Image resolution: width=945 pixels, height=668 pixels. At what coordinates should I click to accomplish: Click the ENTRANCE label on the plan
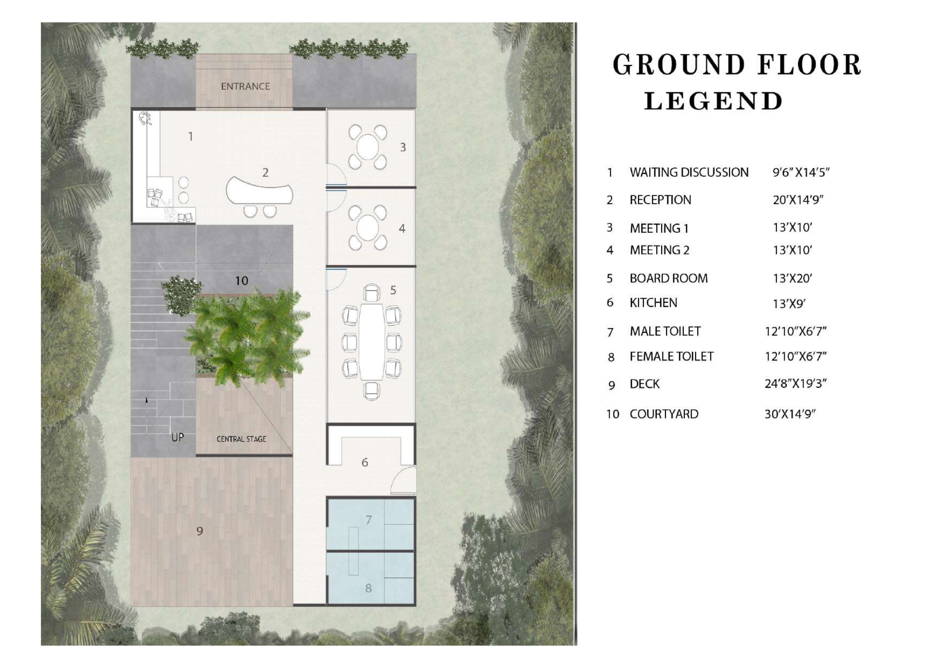pos(245,86)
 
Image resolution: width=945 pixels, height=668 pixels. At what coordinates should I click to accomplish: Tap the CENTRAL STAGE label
pos(241,439)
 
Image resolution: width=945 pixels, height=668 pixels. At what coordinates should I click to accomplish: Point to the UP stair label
pos(178,437)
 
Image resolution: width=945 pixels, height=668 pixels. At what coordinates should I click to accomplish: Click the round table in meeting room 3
pos(368,147)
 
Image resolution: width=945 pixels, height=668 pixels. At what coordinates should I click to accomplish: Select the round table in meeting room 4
pos(368,228)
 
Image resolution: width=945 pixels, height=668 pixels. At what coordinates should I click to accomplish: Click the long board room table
pos(372,342)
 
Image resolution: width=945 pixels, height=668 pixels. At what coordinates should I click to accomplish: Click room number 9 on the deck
pos(200,531)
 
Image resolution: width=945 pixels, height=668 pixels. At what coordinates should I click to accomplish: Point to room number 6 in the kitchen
pos(365,462)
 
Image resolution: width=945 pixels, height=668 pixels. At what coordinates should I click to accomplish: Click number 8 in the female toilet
pos(368,588)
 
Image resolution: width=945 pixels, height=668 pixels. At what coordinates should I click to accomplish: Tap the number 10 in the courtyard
pos(241,281)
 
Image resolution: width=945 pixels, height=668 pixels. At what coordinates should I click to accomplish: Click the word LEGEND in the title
pos(713,101)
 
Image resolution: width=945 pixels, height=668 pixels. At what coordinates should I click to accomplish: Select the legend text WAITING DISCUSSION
pos(689,172)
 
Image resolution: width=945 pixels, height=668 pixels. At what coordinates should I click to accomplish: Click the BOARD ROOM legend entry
pos(669,278)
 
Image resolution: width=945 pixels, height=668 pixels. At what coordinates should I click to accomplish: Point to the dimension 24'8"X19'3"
pos(795,383)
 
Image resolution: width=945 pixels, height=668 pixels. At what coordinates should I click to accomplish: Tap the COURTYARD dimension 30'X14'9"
pos(790,414)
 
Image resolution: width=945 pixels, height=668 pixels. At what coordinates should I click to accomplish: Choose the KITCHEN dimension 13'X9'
pos(789,304)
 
